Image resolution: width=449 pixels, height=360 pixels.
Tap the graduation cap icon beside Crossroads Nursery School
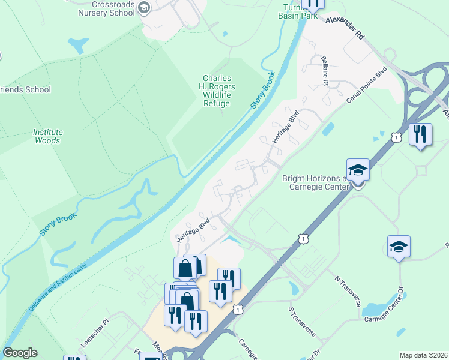[144, 8]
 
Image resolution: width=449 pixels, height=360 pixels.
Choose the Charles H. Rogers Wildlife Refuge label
[216, 91]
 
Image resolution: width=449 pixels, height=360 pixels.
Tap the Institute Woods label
[47, 136]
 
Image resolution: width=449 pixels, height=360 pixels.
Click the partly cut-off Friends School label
[26, 90]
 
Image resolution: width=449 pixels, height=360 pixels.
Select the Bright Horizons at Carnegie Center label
[315, 183]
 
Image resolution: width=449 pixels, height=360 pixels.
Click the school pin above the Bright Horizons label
[358, 170]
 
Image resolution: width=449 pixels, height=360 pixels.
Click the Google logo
[20, 353]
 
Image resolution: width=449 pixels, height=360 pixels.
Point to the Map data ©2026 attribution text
[424, 355]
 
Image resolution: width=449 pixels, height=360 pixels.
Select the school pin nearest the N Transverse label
[399, 247]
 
